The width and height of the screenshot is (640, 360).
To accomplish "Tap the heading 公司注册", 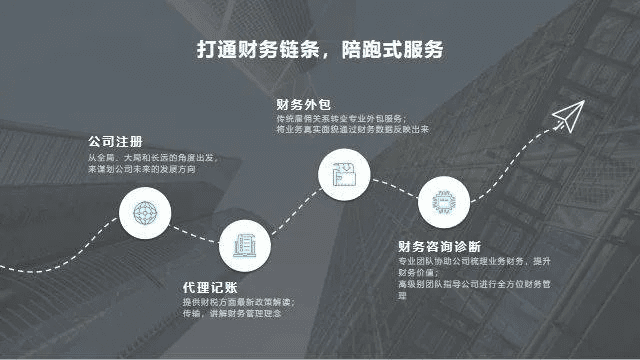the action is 115,141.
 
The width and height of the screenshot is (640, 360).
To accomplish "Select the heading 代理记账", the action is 209,285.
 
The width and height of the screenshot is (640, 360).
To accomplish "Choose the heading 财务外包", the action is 303,103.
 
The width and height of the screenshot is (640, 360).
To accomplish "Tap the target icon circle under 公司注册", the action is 141,211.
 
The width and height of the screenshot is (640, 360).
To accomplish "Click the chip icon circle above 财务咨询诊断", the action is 437,200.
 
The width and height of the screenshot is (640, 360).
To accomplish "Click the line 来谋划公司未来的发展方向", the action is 141,170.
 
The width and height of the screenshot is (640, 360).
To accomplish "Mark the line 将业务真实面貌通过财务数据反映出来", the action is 352,129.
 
